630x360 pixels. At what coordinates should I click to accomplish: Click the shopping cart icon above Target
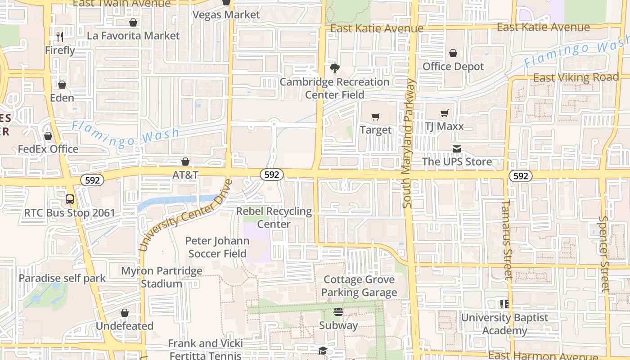click(x=376, y=117)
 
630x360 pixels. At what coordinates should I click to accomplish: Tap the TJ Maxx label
click(x=444, y=126)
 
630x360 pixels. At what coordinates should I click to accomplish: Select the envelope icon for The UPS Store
click(x=457, y=149)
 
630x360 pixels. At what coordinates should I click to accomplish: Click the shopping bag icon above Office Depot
click(x=453, y=53)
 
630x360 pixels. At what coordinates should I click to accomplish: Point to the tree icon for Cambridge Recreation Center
click(x=334, y=68)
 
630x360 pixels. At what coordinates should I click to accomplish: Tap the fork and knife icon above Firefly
click(x=60, y=36)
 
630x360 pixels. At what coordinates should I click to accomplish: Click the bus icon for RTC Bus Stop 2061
click(x=70, y=199)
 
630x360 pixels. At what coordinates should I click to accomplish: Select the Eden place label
click(x=62, y=98)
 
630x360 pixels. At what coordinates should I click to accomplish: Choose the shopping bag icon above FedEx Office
click(x=48, y=136)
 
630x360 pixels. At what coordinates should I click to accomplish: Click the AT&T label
click(x=185, y=175)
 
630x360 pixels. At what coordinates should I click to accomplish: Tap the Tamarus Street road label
click(x=506, y=239)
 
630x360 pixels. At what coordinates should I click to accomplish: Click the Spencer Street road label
click(x=604, y=254)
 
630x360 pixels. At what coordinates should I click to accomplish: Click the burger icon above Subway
click(x=338, y=312)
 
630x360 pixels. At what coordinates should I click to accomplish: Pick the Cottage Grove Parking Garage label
click(x=359, y=286)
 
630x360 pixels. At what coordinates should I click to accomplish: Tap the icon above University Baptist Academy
click(x=504, y=304)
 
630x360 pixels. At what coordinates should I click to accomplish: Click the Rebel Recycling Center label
click(x=274, y=218)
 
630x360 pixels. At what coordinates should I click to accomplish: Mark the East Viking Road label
click(x=576, y=77)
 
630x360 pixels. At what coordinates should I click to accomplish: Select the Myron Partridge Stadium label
click(x=162, y=278)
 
